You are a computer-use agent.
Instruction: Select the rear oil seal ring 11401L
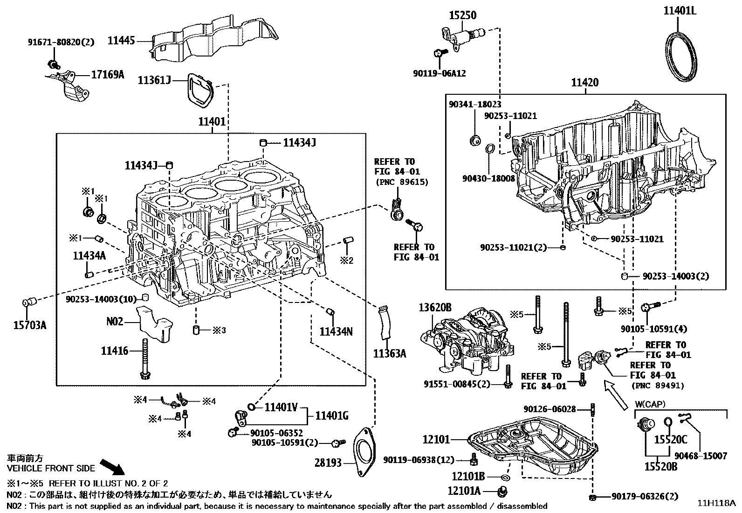681,57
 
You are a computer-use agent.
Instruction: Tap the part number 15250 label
462,15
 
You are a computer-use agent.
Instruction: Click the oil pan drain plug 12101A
502,492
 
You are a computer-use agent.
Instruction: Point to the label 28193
327,463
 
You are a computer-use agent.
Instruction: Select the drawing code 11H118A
716,503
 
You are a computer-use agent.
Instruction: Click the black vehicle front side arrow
112,466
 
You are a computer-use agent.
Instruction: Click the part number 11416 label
114,350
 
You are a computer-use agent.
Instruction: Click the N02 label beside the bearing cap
115,322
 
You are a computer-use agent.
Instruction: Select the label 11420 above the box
585,83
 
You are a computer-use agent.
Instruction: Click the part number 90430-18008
488,178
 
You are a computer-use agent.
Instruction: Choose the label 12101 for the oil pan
436,439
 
